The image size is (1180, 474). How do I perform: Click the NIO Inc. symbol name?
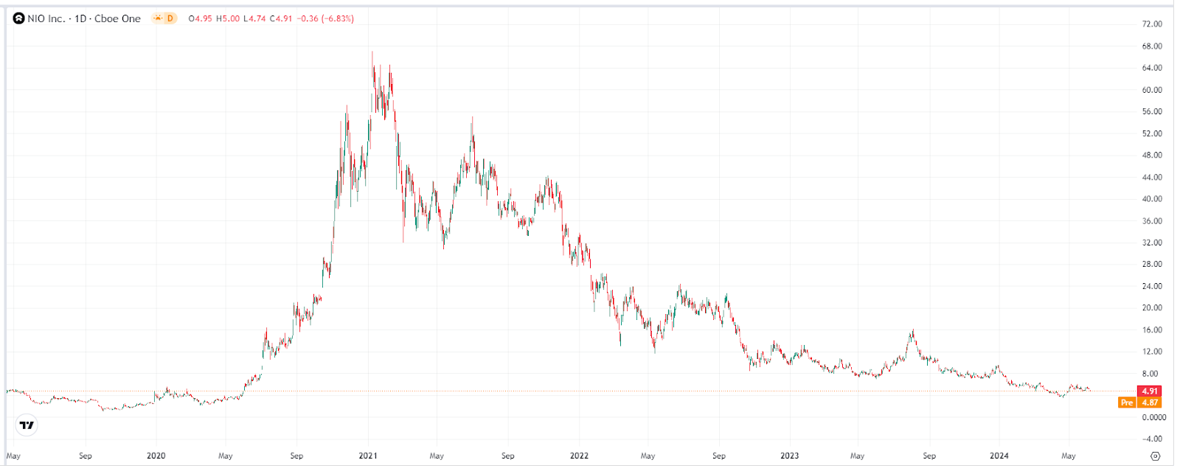(46, 18)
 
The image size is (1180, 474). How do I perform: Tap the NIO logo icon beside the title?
(19, 18)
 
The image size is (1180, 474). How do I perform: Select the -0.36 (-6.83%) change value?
(325, 18)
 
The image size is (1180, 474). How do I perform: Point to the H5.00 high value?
(228, 18)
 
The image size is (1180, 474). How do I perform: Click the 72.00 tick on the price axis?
(1151, 24)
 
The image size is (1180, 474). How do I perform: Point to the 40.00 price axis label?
(1151, 199)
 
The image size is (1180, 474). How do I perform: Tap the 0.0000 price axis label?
(1153, 417)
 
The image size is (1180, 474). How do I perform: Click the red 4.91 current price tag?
(1149, 391)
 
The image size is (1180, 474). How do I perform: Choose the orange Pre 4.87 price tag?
(1139, 402)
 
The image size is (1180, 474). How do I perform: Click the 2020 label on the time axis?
(156, 456)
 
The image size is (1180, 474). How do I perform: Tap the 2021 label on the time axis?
(367, 456)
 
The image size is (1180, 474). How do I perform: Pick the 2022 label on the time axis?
(579, 456)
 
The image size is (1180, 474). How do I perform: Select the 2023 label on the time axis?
(789, 456)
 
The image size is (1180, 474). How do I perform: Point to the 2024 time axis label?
(999, 456)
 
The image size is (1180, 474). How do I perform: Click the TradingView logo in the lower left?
(27, 425)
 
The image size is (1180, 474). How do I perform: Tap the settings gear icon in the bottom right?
(1156, 456)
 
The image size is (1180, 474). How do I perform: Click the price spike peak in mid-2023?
(913, 331)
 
